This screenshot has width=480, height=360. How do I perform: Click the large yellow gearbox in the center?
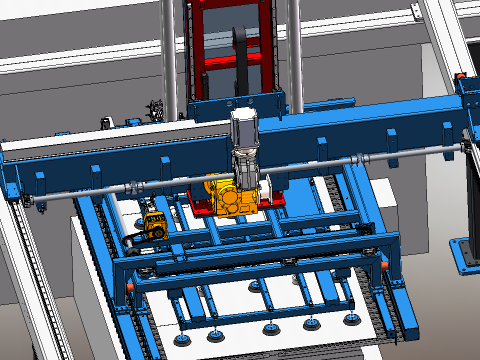230,194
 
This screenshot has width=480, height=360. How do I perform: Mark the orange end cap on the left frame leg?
132,286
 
